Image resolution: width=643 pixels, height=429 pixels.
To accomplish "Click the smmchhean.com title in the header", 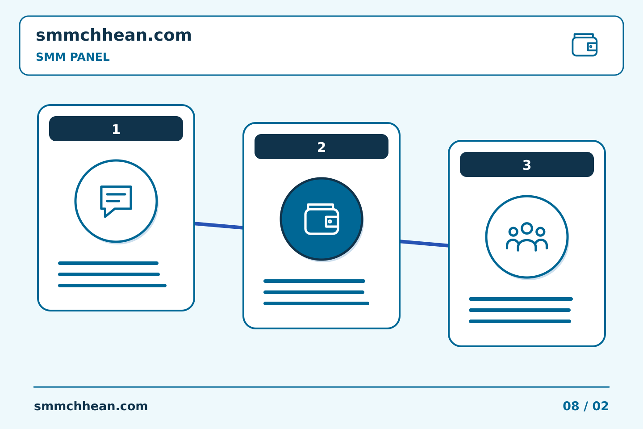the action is (114, 35).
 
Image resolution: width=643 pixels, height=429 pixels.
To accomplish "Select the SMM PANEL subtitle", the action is (73, 57).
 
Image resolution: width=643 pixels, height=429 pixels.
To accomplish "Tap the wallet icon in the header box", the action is (585, 45).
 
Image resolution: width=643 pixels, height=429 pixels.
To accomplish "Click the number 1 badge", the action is (116, 129).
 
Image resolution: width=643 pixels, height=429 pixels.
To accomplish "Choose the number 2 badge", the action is (321, 147).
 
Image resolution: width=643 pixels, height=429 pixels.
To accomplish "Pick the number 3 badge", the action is (527, 164).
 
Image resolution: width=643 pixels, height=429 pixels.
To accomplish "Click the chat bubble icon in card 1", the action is (116, 202).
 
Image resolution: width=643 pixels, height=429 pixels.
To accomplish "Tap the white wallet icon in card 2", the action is (321, 219).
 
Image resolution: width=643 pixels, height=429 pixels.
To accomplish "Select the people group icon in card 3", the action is (527, 237).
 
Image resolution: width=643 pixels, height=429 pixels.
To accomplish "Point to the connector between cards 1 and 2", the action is (219, 226).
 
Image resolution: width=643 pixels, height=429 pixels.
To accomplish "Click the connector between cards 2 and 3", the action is (424, 244).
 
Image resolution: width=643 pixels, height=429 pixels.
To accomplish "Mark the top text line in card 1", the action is (108, 263).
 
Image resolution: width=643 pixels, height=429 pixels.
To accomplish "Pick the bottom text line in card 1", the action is (112, 286).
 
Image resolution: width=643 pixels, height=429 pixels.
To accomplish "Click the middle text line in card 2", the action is (314, 292).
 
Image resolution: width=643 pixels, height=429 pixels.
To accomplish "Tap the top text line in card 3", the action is (521, 299).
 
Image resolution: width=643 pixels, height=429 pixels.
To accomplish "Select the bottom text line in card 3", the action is (520, 321).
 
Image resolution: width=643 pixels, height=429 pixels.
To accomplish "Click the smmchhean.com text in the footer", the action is (91, 406).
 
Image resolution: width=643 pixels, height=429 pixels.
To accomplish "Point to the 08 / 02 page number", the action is (585, 406).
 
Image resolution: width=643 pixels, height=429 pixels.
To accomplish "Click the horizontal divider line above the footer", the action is (321, 387).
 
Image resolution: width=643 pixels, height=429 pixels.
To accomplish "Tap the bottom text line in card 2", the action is (316, 303).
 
